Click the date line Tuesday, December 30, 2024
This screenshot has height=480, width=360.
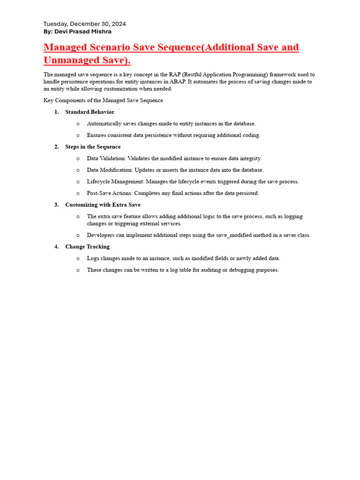(84, 24)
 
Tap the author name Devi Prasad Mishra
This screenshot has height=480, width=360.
(84, 31)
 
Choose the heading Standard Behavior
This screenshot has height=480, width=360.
(90, 112)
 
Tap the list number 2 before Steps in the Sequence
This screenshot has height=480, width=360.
(56, 147)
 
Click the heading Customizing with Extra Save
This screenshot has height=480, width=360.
(103, 205)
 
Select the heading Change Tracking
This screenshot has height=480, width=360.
(87, 247)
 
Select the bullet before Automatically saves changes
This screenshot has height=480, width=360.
(78, 124)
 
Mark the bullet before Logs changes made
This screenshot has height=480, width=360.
(78, 258)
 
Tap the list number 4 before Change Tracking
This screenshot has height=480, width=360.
(56, 247)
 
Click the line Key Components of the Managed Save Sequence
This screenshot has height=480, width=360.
(103, 100)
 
